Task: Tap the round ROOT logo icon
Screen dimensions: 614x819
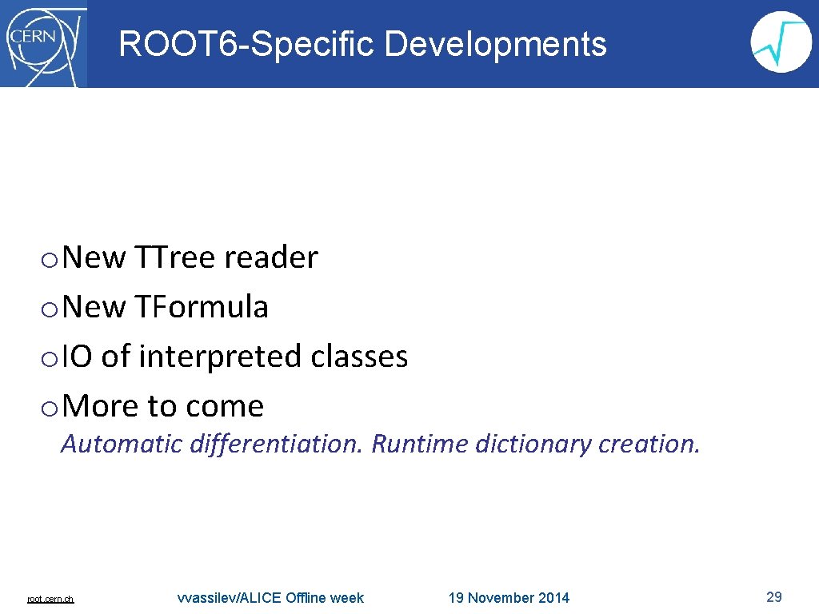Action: point(781,42)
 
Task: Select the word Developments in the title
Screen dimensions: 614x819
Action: point(495,44)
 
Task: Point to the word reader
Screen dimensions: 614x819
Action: point(271,257)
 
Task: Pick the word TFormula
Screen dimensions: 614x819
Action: point(201,307)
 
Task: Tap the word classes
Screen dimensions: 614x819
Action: point(359,357)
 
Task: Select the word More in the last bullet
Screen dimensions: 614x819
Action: point(101,406)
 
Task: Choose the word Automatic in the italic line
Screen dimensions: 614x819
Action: point(122,443)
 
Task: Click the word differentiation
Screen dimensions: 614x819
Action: point(277,443)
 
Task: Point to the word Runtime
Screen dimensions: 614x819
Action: point(420,443)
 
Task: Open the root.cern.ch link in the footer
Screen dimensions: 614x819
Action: point(50,599)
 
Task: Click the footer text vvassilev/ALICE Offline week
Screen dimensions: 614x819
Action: point(270,598)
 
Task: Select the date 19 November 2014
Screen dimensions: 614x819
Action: point(509,598)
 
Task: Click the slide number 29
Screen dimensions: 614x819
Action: point(773,596)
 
